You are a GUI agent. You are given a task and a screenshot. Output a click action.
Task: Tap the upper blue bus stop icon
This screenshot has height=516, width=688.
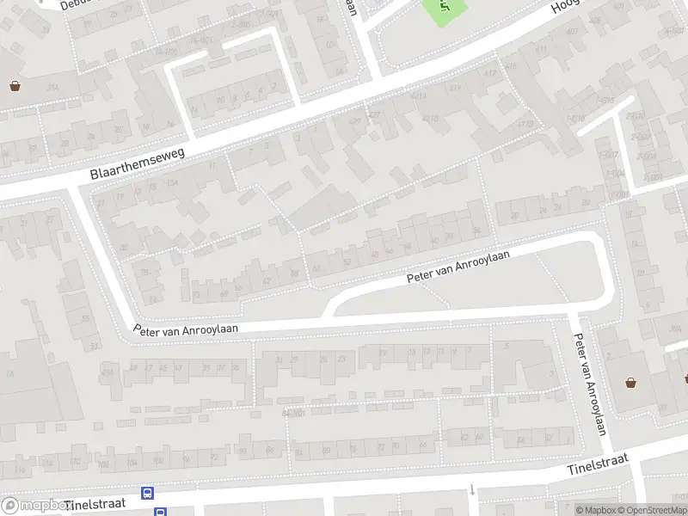click(x=148, y=494)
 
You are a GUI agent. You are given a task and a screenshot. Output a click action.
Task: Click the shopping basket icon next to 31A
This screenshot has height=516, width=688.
click(x=15, y=85)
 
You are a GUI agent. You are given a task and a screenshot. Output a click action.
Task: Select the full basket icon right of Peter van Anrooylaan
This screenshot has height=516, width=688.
click(x=631, y=383)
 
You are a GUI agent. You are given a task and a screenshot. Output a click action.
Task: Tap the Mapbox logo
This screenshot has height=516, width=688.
click(x=34, y=506)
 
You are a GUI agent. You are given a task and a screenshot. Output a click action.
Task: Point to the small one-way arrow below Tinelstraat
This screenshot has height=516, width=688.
click(x=472, y=490)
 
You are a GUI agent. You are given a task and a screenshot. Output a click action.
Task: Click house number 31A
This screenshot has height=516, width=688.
click(x=52, y=87)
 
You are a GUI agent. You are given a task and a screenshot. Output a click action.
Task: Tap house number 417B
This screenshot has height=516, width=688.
click(x=524, y=124)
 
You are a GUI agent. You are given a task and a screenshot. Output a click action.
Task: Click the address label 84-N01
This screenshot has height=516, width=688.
click(x=294, y=413)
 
